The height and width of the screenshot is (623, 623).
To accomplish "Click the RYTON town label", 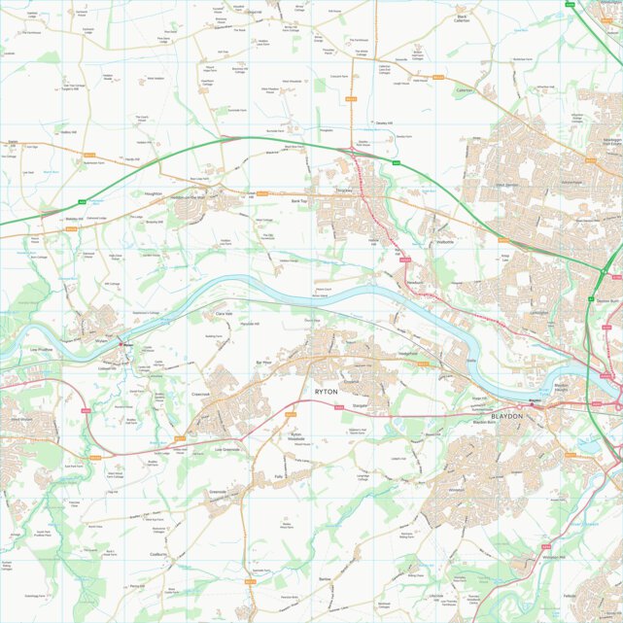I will [x=326, y=391].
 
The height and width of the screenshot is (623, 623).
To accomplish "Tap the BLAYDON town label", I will [x=506, y=416].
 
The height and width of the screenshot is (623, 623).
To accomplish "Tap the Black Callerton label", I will [x=463, y=18].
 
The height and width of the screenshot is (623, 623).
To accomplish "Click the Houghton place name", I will [x=153, y=194].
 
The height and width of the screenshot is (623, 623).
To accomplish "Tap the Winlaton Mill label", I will [x=553, y=557].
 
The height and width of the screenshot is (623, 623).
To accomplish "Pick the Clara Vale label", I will [x=224, y=314].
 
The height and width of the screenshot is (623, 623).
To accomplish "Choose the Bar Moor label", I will [x=263, y=362].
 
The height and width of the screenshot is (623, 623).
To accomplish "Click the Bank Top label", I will [x=298, y=201].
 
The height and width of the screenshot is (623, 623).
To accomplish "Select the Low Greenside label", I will [x=228, y=450].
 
